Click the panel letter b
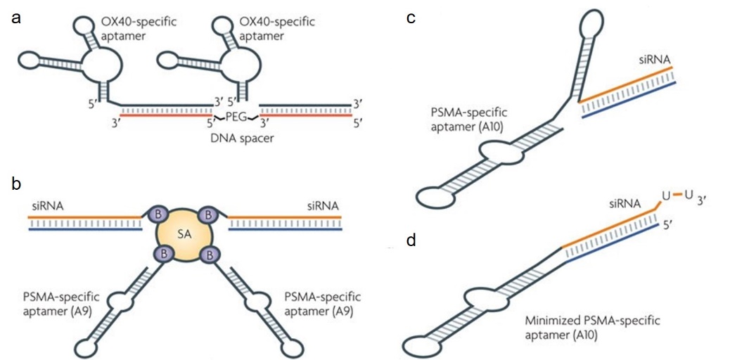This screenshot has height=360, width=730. [x=15, y=185]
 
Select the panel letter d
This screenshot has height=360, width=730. [x=411, y=242]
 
